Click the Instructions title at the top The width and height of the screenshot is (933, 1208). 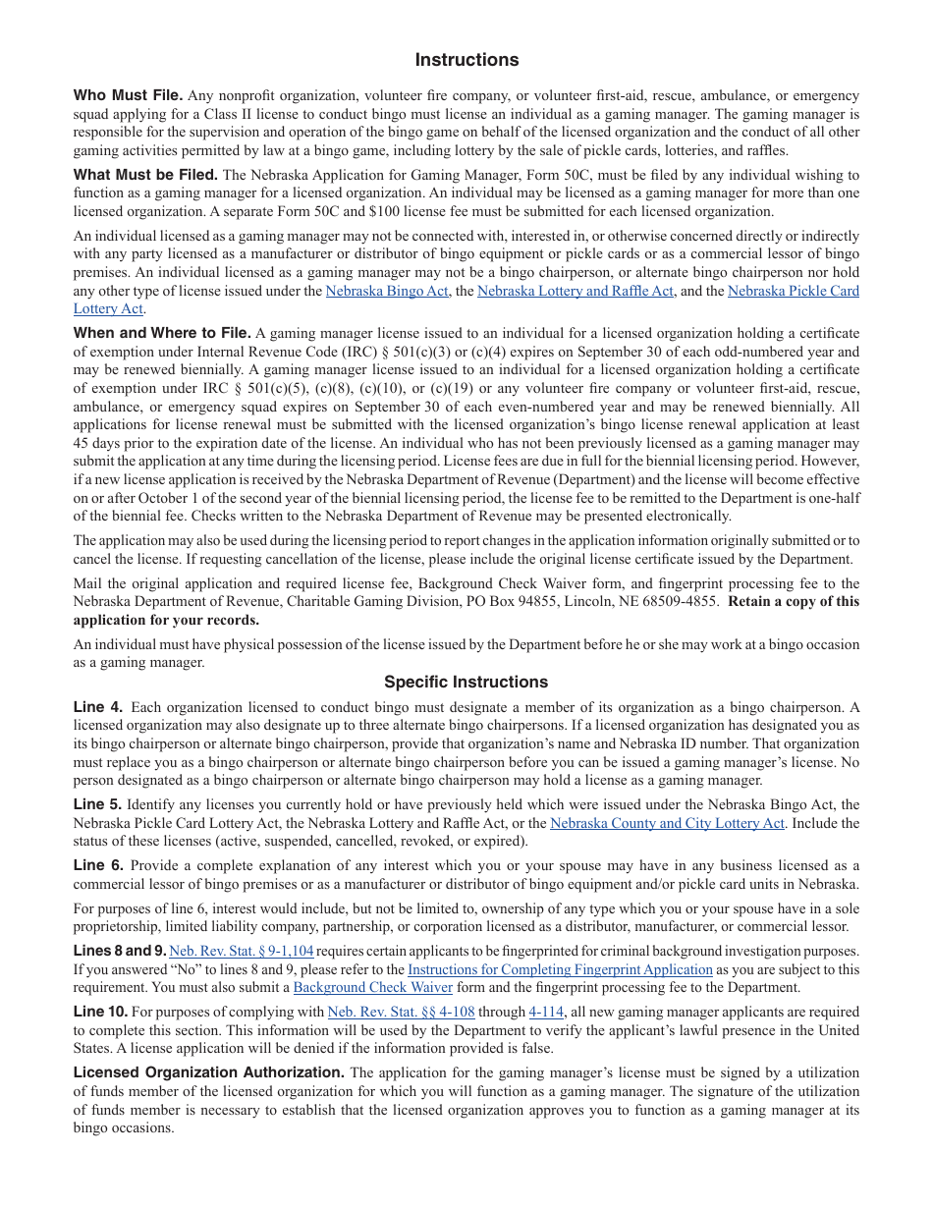pyautogui.click(x=466, y=60)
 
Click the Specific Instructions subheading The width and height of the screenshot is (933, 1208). pyautogui.click(x=466, y=682)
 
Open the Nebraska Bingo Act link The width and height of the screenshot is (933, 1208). pyautogui.click(x=387, y=291)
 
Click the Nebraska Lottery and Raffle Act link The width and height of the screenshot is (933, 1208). pyautogui.click(x=576, y=291)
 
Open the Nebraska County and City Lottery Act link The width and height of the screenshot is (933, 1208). pyautogui.click(x=667, y=823)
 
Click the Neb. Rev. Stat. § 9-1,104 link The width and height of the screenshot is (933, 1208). pyautogui.click(x=242, y=951)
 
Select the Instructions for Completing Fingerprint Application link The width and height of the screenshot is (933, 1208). pyautogui.click(x=560, y=969)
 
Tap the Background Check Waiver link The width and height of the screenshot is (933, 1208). pyautogui.click(x=373, y=987)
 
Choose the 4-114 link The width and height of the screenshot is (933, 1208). pyautogui.click(x=546, y=1012)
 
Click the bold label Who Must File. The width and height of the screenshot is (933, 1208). pyautogui.click(x=128, y=95)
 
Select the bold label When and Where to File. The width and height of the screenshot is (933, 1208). pyautogui.click(x=162, y=333)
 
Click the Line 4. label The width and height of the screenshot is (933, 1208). pyautogui.click(x=98, y=707)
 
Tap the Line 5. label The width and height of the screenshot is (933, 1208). pyautogui.click(x=98, y=804)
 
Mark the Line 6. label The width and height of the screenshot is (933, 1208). pyautogui.click(x=98, y=865)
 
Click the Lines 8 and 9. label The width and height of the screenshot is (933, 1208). pyautogui.click(x=119, y=951)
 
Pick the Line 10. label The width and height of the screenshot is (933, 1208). pyautogui.click(x=100, y=1012)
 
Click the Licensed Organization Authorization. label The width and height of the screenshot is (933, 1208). pyautogui.click(x=208, y=1072)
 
